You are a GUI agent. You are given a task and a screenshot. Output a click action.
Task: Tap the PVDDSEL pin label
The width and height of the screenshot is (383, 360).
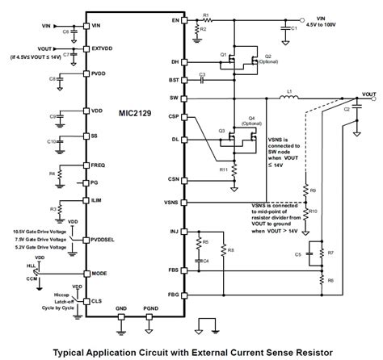click(106, 240)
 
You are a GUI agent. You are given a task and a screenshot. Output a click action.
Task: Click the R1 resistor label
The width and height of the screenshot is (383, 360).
click(206, 15)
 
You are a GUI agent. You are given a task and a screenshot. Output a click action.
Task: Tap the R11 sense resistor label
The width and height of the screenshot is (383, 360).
click(224, 170)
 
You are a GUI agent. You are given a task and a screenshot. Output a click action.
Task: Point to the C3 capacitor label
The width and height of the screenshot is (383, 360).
click(203, 74)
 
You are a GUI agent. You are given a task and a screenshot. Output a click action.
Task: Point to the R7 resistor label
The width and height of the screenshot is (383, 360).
click(331, 253)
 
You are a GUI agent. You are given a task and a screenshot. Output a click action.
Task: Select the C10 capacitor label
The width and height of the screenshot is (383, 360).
click(50, 141)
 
